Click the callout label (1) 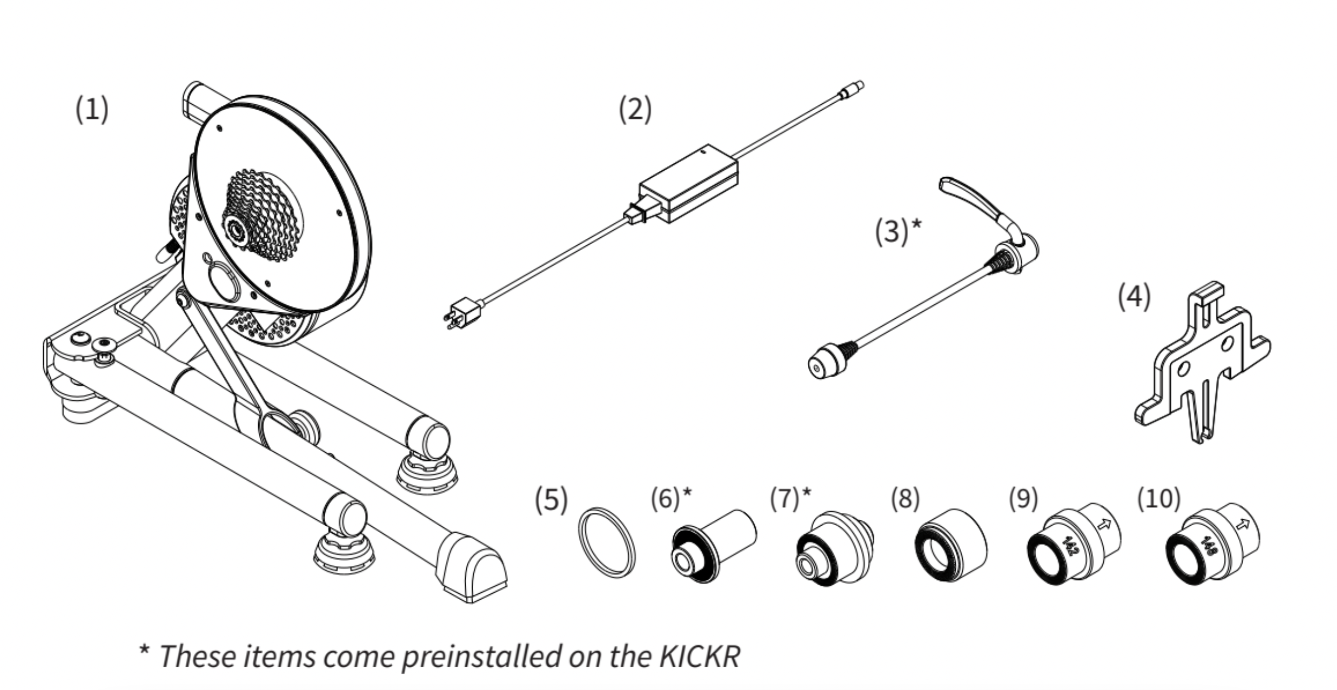click(x=92, y=110)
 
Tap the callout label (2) click(x=635, y=110)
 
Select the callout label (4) click(x=1134, y=297)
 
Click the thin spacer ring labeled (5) click(x=607, y=542)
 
